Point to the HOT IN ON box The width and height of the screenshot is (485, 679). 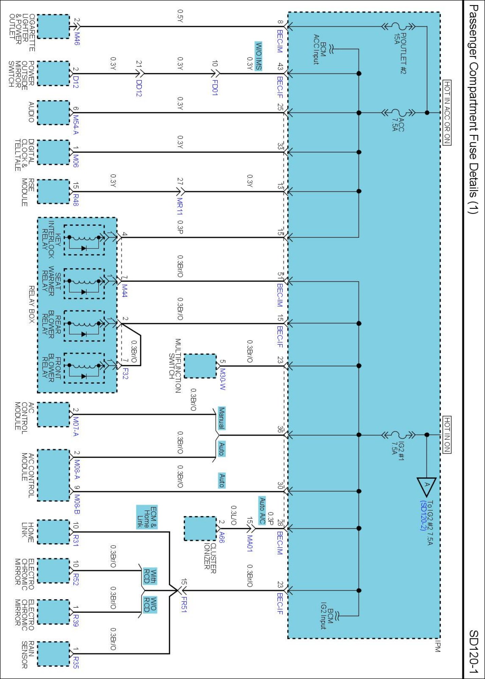[447, 434]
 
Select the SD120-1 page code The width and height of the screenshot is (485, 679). [474, 652]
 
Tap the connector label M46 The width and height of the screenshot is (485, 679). [77, 39]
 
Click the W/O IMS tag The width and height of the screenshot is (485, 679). [258, 56]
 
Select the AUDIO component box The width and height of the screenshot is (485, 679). [53, 113]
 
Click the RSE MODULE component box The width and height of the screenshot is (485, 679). [53, 191]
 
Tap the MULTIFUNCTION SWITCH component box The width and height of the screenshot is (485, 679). [200, 366]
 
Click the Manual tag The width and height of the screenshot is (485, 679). [221, 418]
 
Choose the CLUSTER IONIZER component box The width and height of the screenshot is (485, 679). [200, 529]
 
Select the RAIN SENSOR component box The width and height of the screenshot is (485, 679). [53, 654]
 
